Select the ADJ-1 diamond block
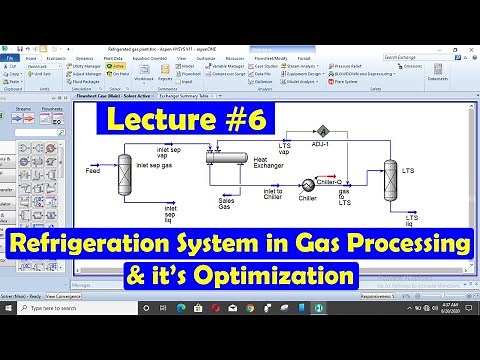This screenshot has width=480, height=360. (x=324, y=130)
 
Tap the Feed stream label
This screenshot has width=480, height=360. (x=93, y=171)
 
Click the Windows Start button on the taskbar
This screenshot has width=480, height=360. (x=8, y=351)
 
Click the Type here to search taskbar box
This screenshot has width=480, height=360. (x=60, y=351)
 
